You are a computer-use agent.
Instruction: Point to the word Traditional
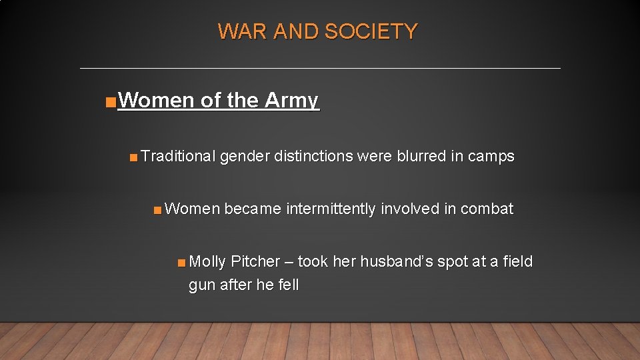click(178, 157)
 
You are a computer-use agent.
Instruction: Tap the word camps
click(491, 157)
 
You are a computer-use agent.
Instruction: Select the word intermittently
click(331, 209)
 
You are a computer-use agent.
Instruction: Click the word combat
click(487, 209)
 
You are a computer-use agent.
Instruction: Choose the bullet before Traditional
click(134, 158)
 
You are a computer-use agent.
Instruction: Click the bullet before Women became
click(157, 211)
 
